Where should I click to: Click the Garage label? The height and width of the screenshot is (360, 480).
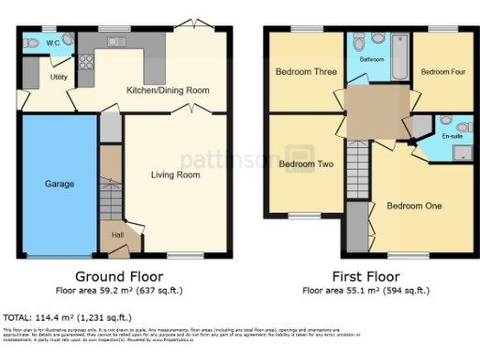(x=59, y=185)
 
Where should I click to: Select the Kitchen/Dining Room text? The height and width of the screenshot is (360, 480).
(x=168, y=91)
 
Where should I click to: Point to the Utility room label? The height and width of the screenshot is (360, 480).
(x=59, y=77)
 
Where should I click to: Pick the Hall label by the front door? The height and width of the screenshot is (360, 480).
(x=117, y=235)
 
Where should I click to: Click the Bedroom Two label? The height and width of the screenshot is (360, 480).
(x=307, y=164)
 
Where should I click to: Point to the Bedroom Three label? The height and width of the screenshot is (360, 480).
(x=306, y=72)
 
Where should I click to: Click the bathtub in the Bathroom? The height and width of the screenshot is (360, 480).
(x=397, y=56)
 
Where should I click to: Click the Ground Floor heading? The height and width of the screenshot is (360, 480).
(x=118, y=277)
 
